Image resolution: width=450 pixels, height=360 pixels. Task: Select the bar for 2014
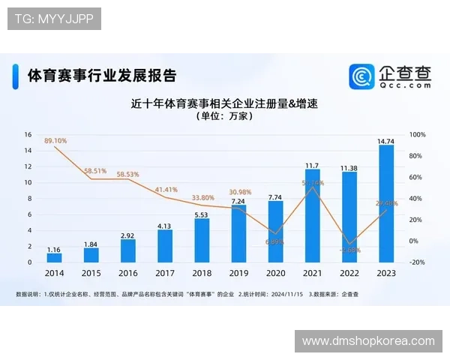coord(55,258)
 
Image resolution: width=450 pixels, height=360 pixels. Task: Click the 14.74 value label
coord(386,140)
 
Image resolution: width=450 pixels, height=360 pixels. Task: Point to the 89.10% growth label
coord(55,140)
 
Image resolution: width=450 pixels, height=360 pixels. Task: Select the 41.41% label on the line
coord(166,190)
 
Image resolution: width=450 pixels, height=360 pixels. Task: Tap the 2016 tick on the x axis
coord(128,274)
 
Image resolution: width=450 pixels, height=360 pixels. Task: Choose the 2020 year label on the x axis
coord(275,274)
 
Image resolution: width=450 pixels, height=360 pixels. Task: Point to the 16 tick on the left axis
coord(28,135)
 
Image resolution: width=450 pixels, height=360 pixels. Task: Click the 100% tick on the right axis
coord(418,135)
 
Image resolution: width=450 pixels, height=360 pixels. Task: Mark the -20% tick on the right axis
coord(418,262)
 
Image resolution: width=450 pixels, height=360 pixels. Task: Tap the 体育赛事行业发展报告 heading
coord(102,76)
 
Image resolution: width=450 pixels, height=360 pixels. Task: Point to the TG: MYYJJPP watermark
coord(54,19)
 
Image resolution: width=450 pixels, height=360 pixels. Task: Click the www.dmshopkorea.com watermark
coord(368,340)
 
